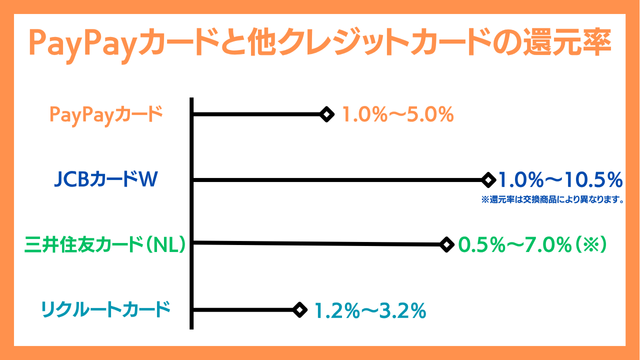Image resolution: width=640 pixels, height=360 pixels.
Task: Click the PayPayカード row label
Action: point(105,115)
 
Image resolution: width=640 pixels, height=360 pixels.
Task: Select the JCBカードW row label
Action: point(107,180)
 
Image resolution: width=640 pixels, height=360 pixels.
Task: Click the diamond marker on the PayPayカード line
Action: point(326,114)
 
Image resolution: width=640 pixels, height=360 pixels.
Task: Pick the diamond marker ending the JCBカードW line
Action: point(488,180)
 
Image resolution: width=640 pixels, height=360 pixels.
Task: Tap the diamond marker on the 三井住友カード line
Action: point(445,244)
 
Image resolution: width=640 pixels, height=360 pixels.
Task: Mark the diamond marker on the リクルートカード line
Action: point(298,310)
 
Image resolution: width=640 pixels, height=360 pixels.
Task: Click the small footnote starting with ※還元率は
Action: point(552,200)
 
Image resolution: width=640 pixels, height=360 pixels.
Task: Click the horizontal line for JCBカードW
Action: point(340,180)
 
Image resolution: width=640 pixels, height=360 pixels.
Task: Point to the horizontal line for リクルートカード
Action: point(245,310)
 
